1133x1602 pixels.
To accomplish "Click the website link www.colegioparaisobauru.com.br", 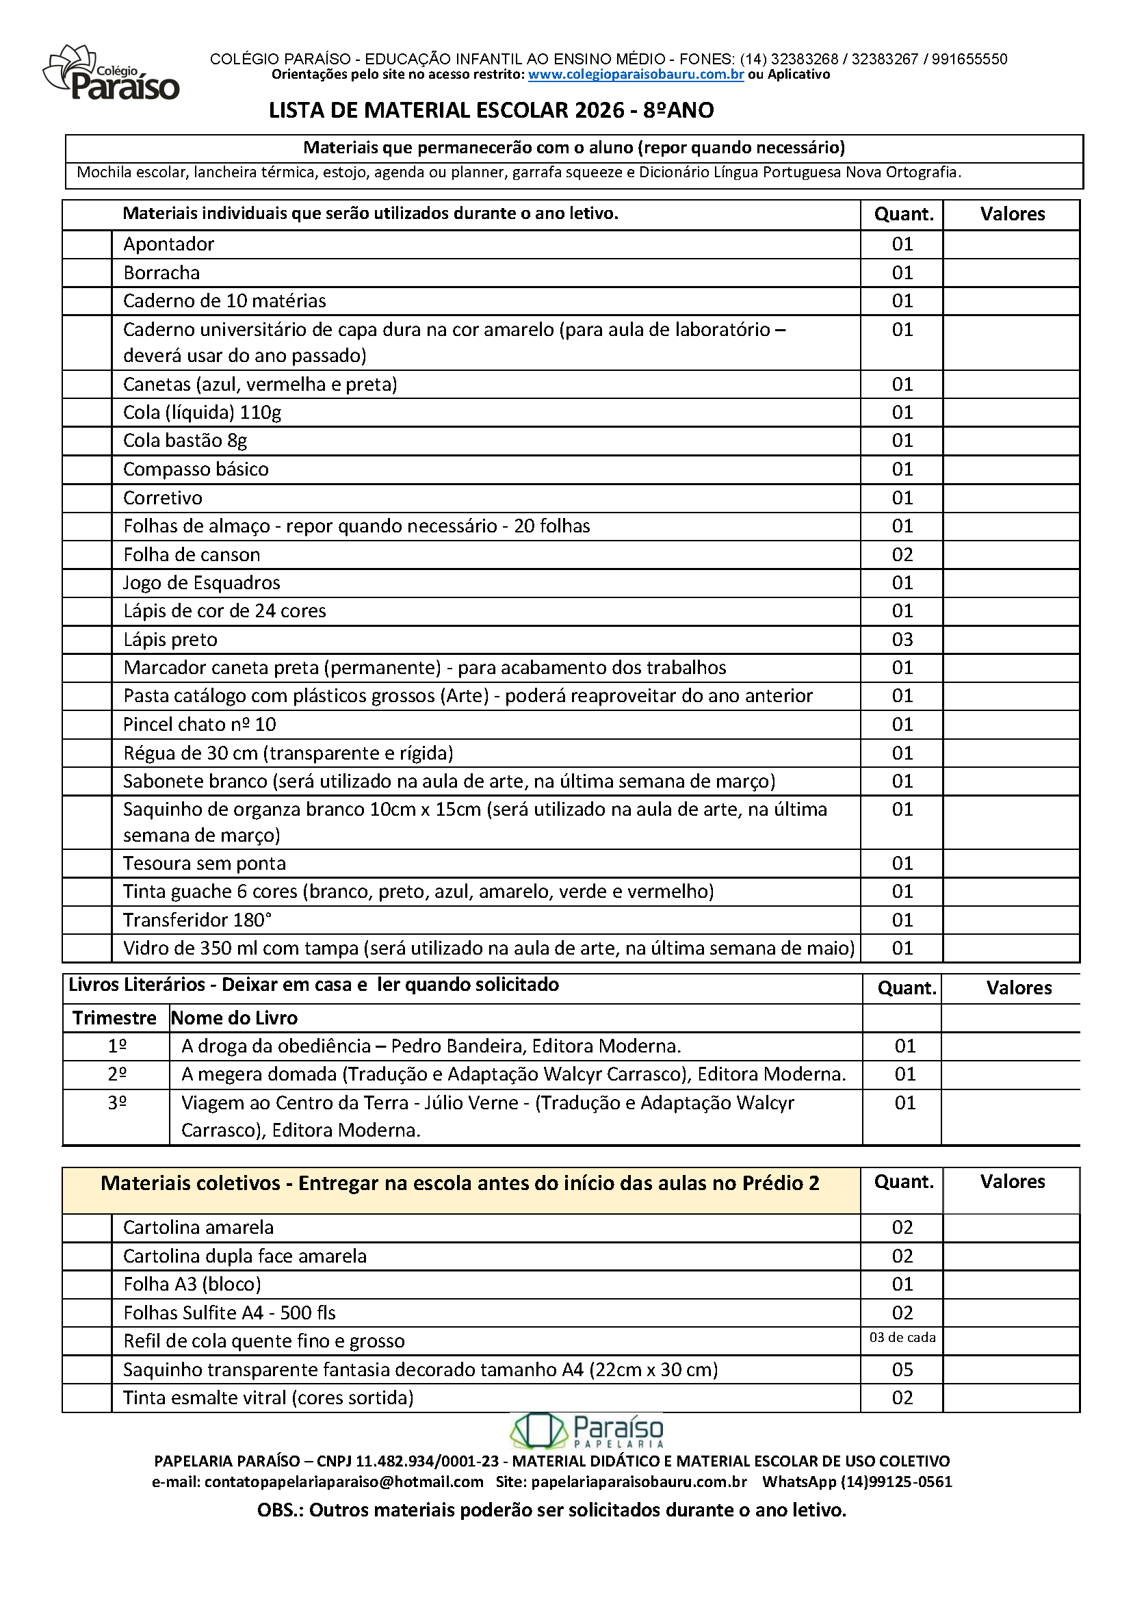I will (x=636, y=75).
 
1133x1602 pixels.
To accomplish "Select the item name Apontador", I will (x=169, y=244).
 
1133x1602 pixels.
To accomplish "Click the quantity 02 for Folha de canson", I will (x=902, y=555).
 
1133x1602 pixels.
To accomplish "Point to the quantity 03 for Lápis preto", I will (x=902, y=640).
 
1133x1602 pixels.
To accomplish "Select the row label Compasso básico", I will (x=196, y=469).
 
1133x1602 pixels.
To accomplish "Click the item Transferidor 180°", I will (x=198, y=920).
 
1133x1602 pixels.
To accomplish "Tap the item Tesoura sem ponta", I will (x=205, y=864).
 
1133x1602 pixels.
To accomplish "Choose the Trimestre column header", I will (x=114, y=1018).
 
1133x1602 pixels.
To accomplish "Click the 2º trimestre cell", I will (x=117, y=1074).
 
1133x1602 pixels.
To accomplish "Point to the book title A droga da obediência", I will (x=276, y=1046).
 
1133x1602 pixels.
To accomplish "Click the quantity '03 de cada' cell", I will (x=902, y=1338).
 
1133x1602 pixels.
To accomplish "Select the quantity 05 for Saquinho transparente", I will (x=902, y=1369).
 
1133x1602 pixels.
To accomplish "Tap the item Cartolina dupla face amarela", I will (x=245, y=1256).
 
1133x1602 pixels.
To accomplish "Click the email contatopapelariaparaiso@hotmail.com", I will (x=344, y=1482).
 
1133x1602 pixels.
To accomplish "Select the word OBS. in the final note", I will (x=280, y=1510).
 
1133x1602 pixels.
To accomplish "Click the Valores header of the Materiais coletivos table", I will (x=1013, y=1181).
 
